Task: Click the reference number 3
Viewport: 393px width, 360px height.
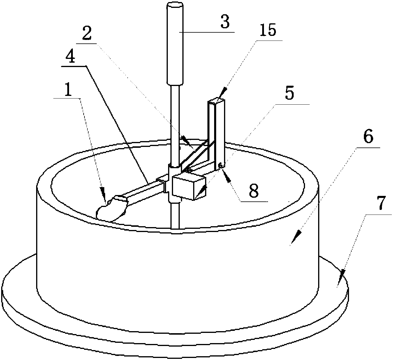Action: pyautogui.click(x=225, y=22)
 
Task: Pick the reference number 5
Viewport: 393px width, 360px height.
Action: pyautogui.click(x=289, y=93)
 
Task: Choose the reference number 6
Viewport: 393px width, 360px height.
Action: pyautogui.click(x=369, y=136)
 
